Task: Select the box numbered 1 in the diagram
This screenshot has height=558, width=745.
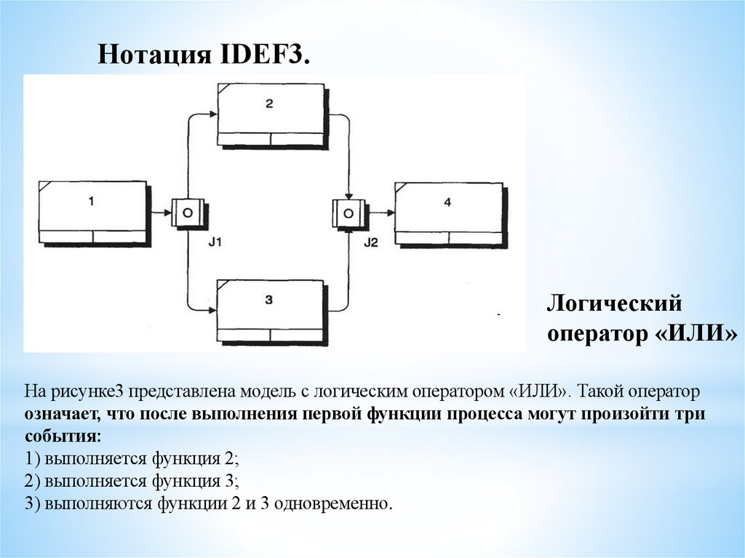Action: pyautogui.click(x=92, y=211)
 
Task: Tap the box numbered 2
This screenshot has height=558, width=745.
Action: pyautogui.click(x=270, y=113)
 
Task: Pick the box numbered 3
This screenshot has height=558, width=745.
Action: pyautogui.click(x=269, y=308)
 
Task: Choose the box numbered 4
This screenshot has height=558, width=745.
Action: pyautogui.click(x=448, y=212)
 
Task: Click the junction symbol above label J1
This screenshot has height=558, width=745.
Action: pyautogui.click(x=187, y=212)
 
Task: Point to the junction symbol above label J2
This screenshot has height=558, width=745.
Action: pyautogui.click(x=350, y=212)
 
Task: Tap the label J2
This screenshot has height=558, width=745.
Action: pyautogui.click(x=371, y=242)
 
